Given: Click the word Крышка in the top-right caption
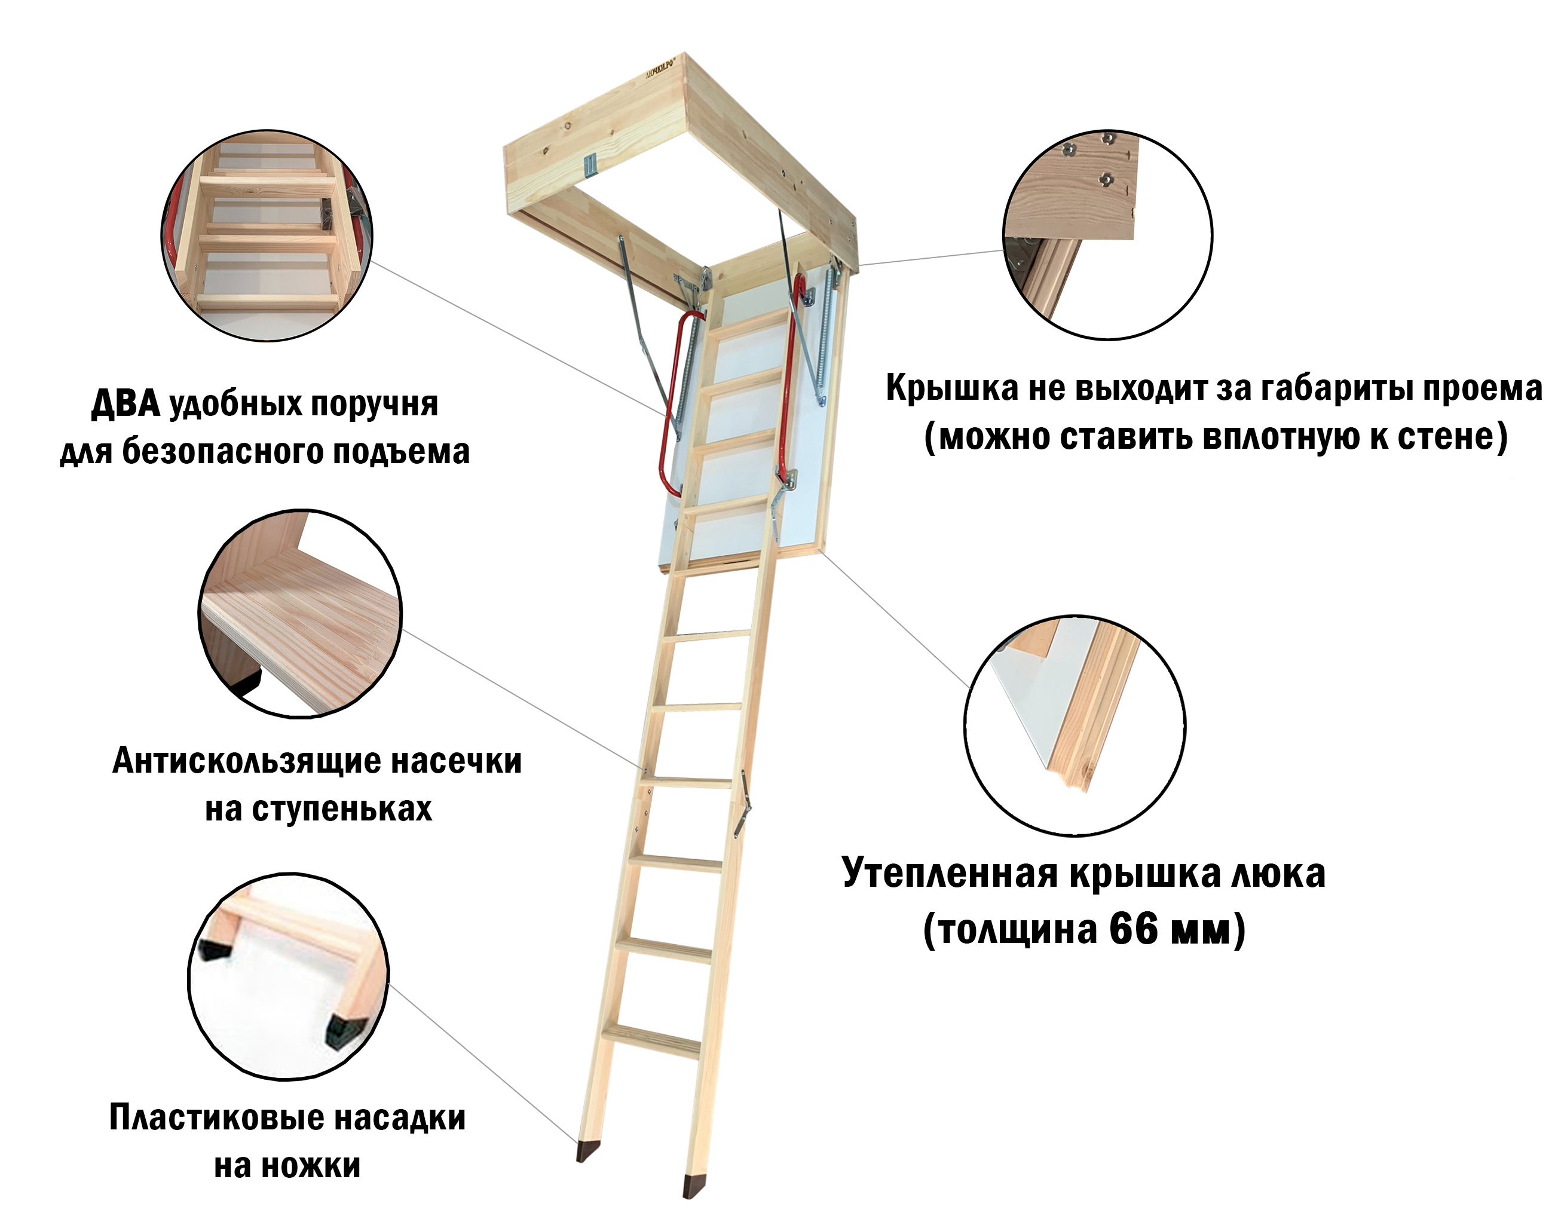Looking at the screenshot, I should coord(952,388).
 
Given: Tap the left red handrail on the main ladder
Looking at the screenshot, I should coord(674,403).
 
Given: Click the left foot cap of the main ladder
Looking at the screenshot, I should coord(587,1150).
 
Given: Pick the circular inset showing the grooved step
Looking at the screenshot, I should coord(300,613).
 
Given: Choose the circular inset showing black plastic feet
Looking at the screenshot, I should coord(288,976).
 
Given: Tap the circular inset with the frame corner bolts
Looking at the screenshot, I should coord(1107,234).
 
